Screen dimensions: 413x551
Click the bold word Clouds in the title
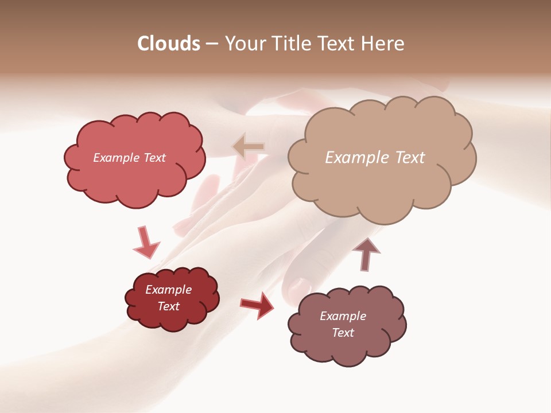point(168,44)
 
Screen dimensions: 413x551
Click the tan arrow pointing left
point(249,147)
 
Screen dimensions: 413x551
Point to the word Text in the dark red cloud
point(169,306)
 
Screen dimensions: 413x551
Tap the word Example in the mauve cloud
point(343,316)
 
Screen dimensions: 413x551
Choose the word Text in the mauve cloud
point(343,333)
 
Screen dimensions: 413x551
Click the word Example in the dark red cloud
point(169,290)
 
